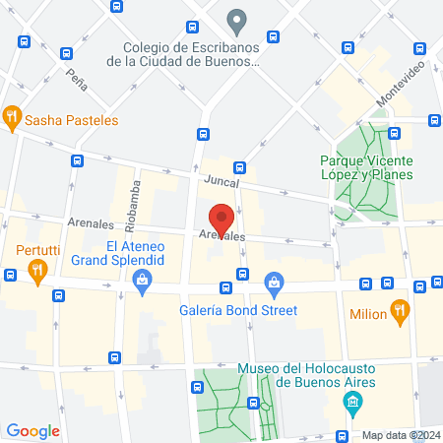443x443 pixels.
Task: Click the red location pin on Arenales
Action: pyautogui.click(x=221, y=220)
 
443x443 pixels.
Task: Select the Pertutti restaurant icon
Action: pyautogui.click(x=37, y=272)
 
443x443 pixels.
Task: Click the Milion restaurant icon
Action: pyautogui.click(x=400, y=314)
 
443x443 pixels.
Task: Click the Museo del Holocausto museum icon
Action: pyautogui.click(x=352, y=401)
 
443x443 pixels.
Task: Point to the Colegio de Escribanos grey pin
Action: pyautogui.click(x=236, y=19)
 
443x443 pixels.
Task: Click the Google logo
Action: pyautogui.click(x=32, y=430)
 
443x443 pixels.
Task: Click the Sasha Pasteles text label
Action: pyautogui.click(x=72, y=120)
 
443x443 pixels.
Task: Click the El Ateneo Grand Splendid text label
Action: pyautogui.click(x=143, y=254)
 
